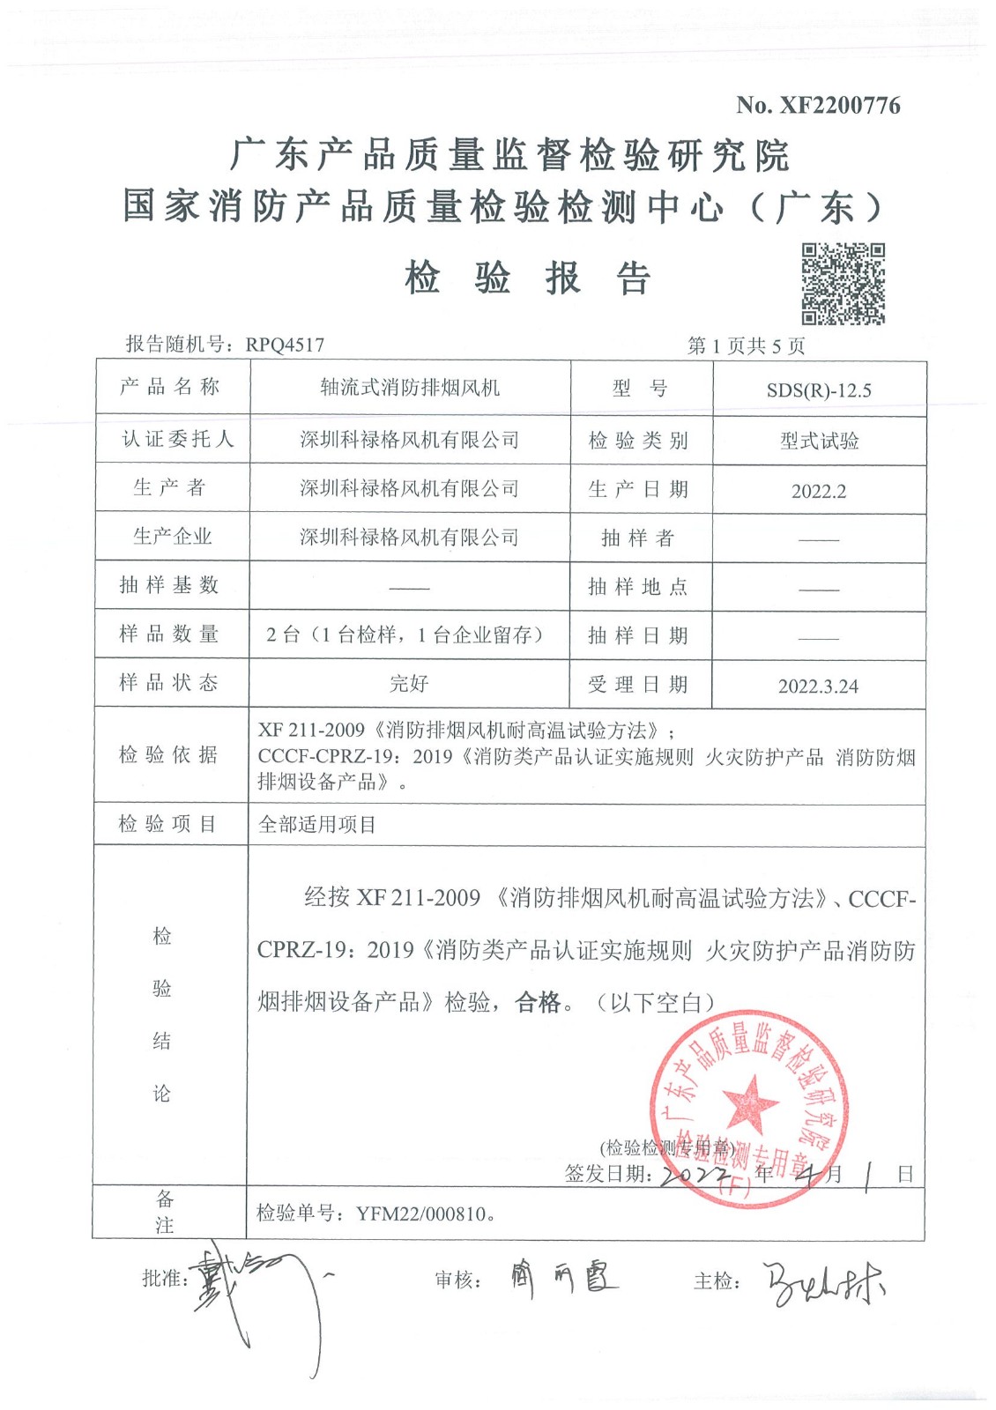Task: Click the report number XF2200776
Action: tap(839, 106)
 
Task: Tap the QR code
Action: tap(843, 284)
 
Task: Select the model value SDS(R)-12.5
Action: tap(819, 390)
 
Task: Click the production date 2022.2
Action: tap(819, 492)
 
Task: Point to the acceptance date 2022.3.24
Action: tap(818, 686)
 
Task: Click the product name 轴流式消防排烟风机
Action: tap(410, 388)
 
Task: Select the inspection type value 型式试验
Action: tap(819, 441)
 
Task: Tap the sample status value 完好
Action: tap(409, 684)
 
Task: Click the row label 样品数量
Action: tap(169, 634)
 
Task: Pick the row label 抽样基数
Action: tap(169, 585)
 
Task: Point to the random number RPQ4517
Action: tap(285, 345)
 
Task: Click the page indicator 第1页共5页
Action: tap(746, 345)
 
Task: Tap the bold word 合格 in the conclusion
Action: tap(538, 1002)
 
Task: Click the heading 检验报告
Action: tap(527, 279)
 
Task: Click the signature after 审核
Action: tap(564, 1277)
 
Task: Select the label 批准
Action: tap(162, 1279)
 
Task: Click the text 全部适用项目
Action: tap(317, 825)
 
